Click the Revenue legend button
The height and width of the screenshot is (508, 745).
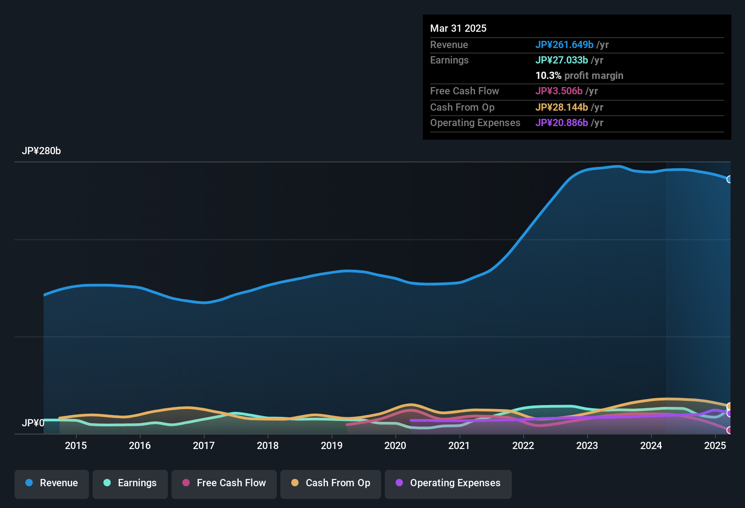pos(52,484)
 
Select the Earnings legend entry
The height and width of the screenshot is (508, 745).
pos(130,484)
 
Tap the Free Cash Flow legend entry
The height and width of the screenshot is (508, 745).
pos(224,484)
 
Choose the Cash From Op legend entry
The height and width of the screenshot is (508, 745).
pos(331,484)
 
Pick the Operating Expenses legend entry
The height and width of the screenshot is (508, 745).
pos(448,484)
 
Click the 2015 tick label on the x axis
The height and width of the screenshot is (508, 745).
pos(76,446)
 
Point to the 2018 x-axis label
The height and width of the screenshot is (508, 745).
pos(268,446)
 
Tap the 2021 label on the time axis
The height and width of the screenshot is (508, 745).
pos(459,446)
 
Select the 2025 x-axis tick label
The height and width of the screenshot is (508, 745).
pos(715,446)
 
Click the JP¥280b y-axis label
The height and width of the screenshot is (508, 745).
pos(41,151)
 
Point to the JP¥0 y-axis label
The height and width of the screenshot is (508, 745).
pos(33,423)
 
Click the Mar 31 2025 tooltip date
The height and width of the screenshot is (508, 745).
pos(458,29)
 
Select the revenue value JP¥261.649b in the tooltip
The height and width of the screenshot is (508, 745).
pos(564,45)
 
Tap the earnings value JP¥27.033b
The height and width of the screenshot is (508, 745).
pos(562,60)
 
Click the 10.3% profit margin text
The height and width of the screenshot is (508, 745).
pos(579,76)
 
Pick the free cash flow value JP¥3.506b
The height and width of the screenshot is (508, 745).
pos(559,91)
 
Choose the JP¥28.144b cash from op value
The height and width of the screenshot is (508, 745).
pos(562,107)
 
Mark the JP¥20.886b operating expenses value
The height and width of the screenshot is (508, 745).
pos(562,123)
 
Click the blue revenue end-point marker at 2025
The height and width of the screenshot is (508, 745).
pos(729,179)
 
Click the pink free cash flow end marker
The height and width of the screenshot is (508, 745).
pos(729,430)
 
